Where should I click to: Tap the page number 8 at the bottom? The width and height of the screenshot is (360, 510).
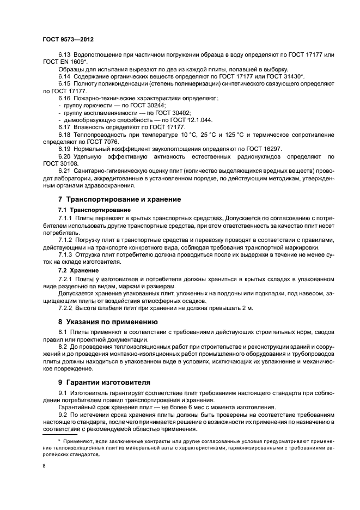coord(44,466)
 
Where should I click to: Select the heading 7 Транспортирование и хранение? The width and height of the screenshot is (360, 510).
coord(120,199)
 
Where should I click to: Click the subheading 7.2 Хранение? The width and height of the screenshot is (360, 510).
coord(78,270)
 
